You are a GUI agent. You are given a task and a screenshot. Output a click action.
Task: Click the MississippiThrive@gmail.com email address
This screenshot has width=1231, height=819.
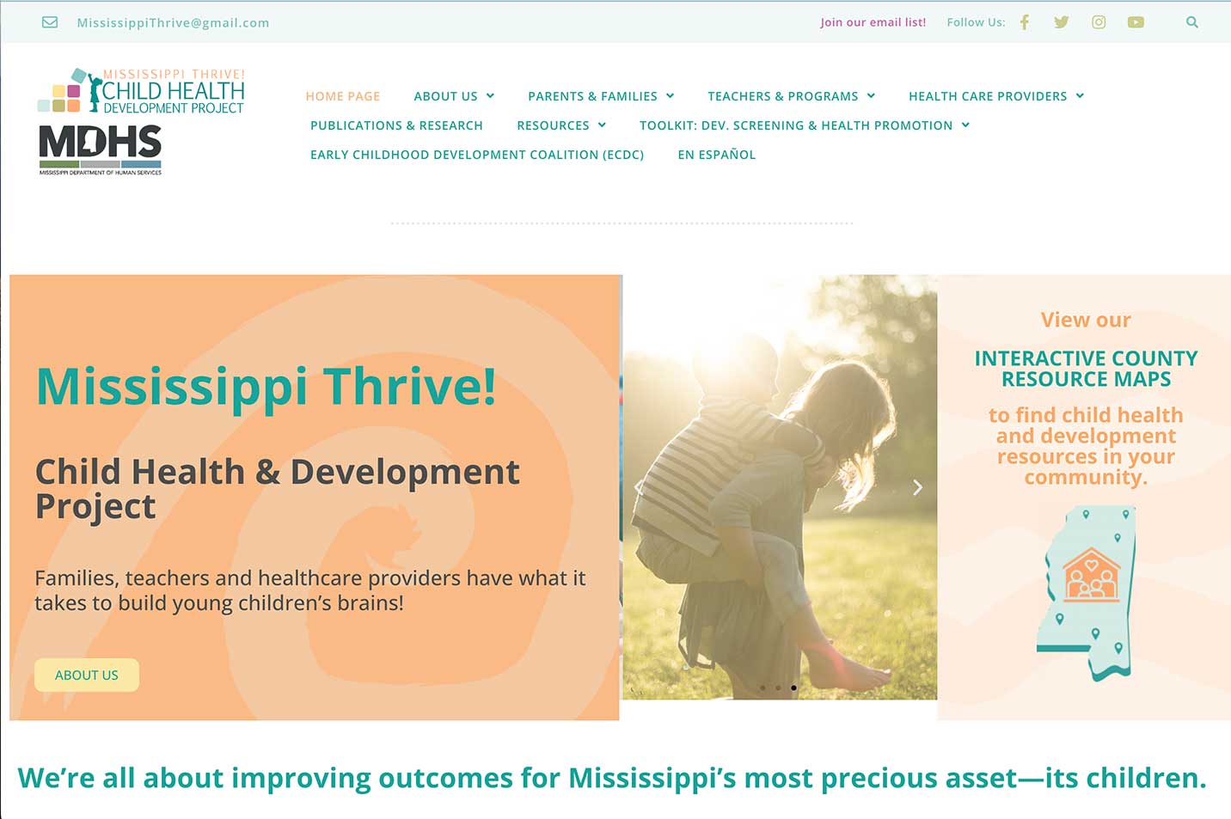[173, 22]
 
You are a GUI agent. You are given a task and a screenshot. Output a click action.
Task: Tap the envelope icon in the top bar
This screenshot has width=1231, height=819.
[50, 22]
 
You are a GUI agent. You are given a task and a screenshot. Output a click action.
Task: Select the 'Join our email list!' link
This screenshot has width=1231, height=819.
[873, 22]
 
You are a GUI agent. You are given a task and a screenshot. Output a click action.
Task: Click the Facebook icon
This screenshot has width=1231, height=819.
[1025, 22]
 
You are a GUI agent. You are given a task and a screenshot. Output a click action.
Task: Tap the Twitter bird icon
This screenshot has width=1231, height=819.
[1061, 22]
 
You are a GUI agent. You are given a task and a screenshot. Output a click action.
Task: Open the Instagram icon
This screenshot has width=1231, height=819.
[1099, 22]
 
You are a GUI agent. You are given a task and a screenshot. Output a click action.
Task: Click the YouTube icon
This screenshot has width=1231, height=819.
[1136, 22]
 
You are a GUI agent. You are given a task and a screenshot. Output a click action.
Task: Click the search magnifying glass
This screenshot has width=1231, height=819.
[1192, 22]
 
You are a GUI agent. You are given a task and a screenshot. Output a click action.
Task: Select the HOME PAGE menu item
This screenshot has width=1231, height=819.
[343, 96]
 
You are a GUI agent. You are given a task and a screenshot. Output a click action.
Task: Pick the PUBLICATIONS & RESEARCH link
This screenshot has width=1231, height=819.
[396, 125]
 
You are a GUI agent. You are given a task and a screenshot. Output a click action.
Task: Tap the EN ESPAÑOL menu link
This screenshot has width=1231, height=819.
[717, 155]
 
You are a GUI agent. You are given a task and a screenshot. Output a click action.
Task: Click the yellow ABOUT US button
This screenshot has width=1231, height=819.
[87, 675]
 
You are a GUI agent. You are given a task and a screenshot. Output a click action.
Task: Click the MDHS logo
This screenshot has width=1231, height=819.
[100, 150]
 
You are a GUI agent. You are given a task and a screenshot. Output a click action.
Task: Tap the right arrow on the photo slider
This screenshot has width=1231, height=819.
[917, 487]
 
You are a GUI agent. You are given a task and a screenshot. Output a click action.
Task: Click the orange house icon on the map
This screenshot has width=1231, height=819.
[1091, 574]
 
